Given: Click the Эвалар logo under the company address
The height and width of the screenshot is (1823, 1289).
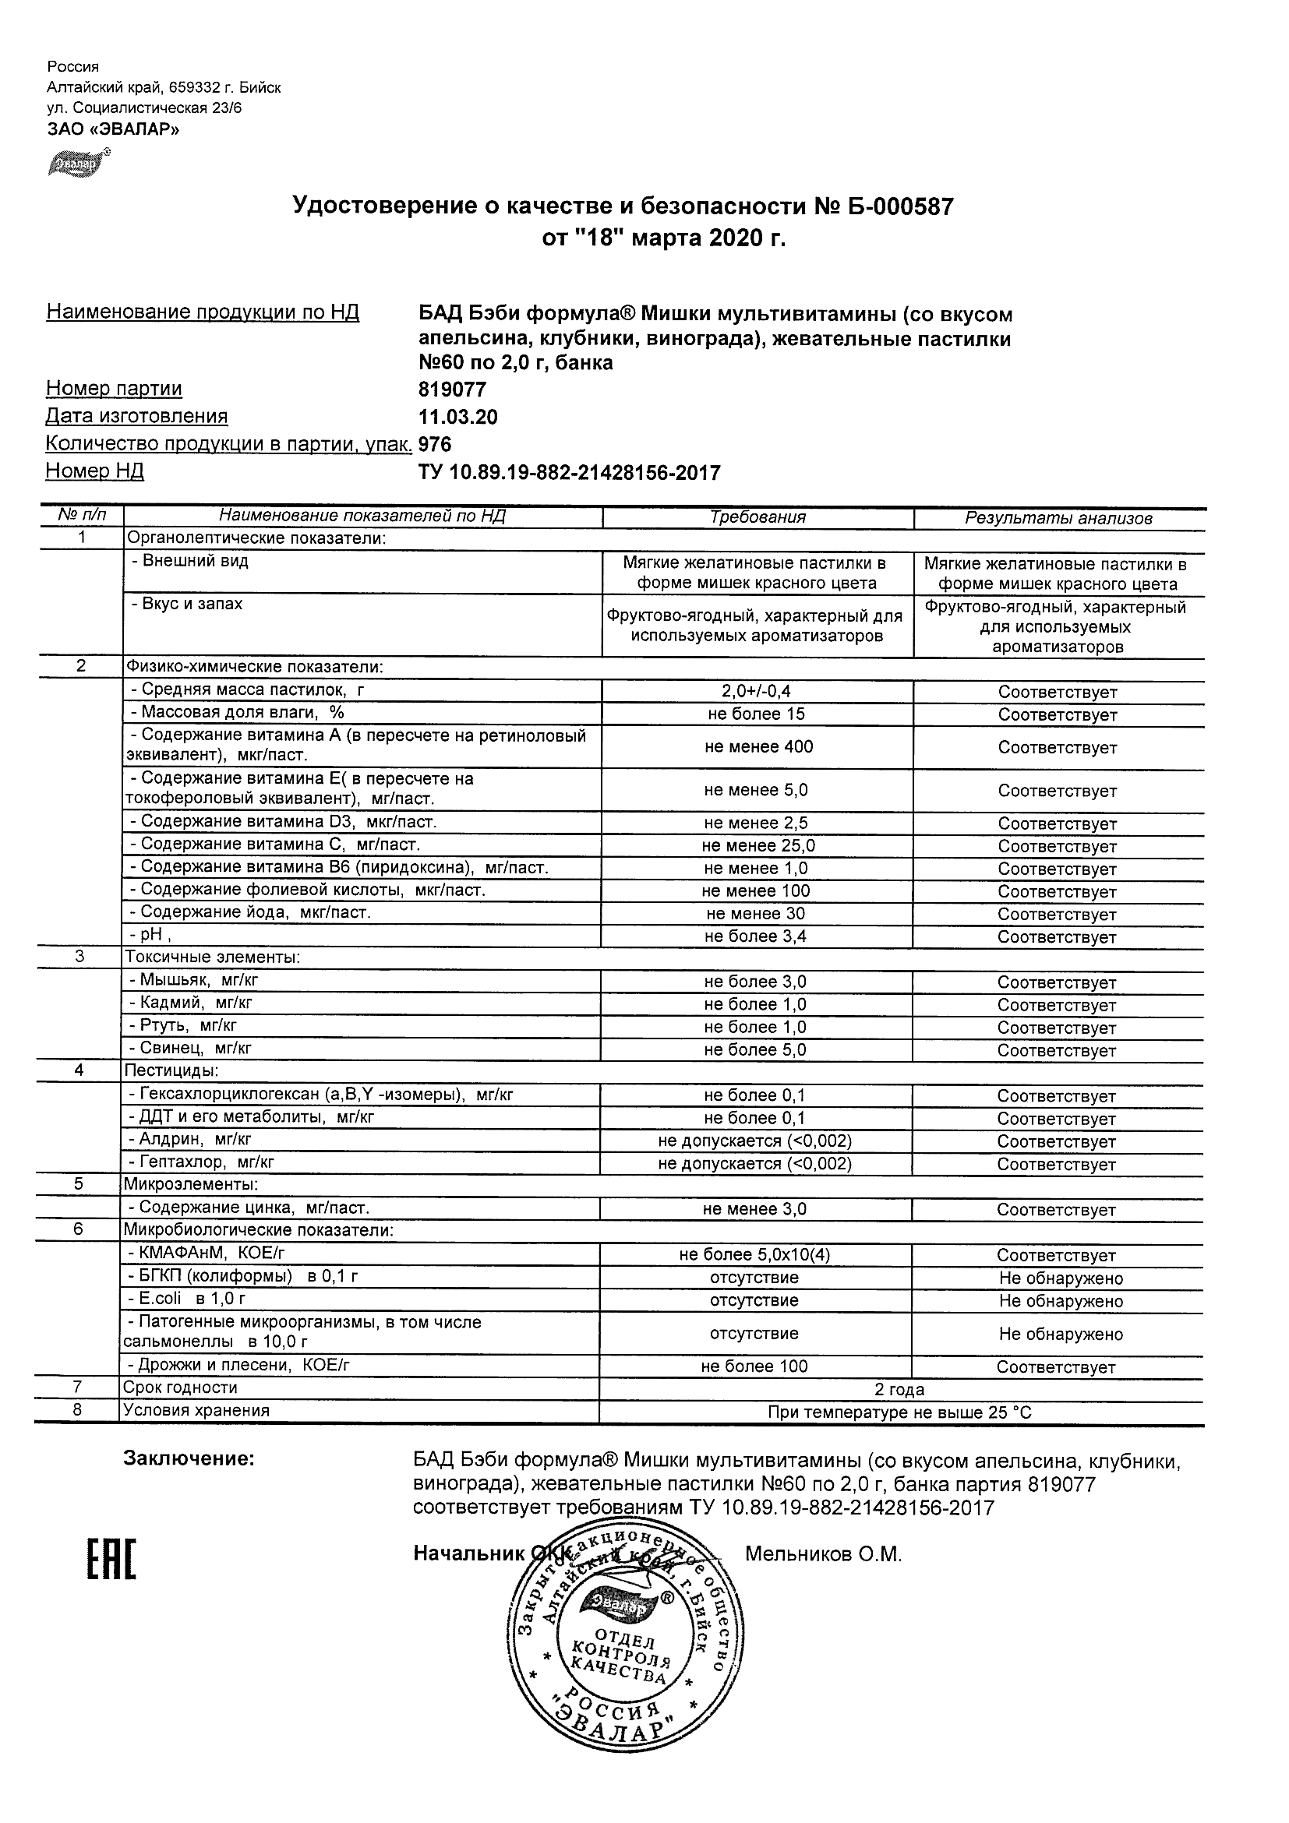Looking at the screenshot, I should [78, 162].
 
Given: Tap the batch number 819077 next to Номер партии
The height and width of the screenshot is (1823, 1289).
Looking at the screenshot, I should [452, 390].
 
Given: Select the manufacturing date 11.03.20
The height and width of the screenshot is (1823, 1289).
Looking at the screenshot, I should [457, 418].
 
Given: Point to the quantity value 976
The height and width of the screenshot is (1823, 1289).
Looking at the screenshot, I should [434, 445].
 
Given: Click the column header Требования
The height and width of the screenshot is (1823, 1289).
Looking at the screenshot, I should [758, 517].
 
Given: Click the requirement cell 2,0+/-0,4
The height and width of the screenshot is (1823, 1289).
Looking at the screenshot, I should [756, 692].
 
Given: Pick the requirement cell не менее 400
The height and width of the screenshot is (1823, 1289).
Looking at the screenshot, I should [758, 746].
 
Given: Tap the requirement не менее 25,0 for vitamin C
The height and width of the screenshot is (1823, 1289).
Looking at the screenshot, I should [758, 845].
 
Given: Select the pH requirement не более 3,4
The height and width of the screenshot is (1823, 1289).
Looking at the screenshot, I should [755, 936].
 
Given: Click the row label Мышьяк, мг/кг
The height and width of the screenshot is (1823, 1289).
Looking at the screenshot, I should [194, 980].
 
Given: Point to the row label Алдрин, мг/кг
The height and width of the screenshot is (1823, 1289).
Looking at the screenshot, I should [191, 1139].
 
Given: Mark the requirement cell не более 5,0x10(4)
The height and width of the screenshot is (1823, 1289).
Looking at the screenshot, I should [754, 1254].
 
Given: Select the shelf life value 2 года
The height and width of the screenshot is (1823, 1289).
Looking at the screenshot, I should [899, 1390].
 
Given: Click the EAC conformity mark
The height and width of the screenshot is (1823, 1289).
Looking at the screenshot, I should [111, 1560].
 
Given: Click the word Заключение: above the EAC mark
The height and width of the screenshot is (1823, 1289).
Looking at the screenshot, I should [189, 1458].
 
